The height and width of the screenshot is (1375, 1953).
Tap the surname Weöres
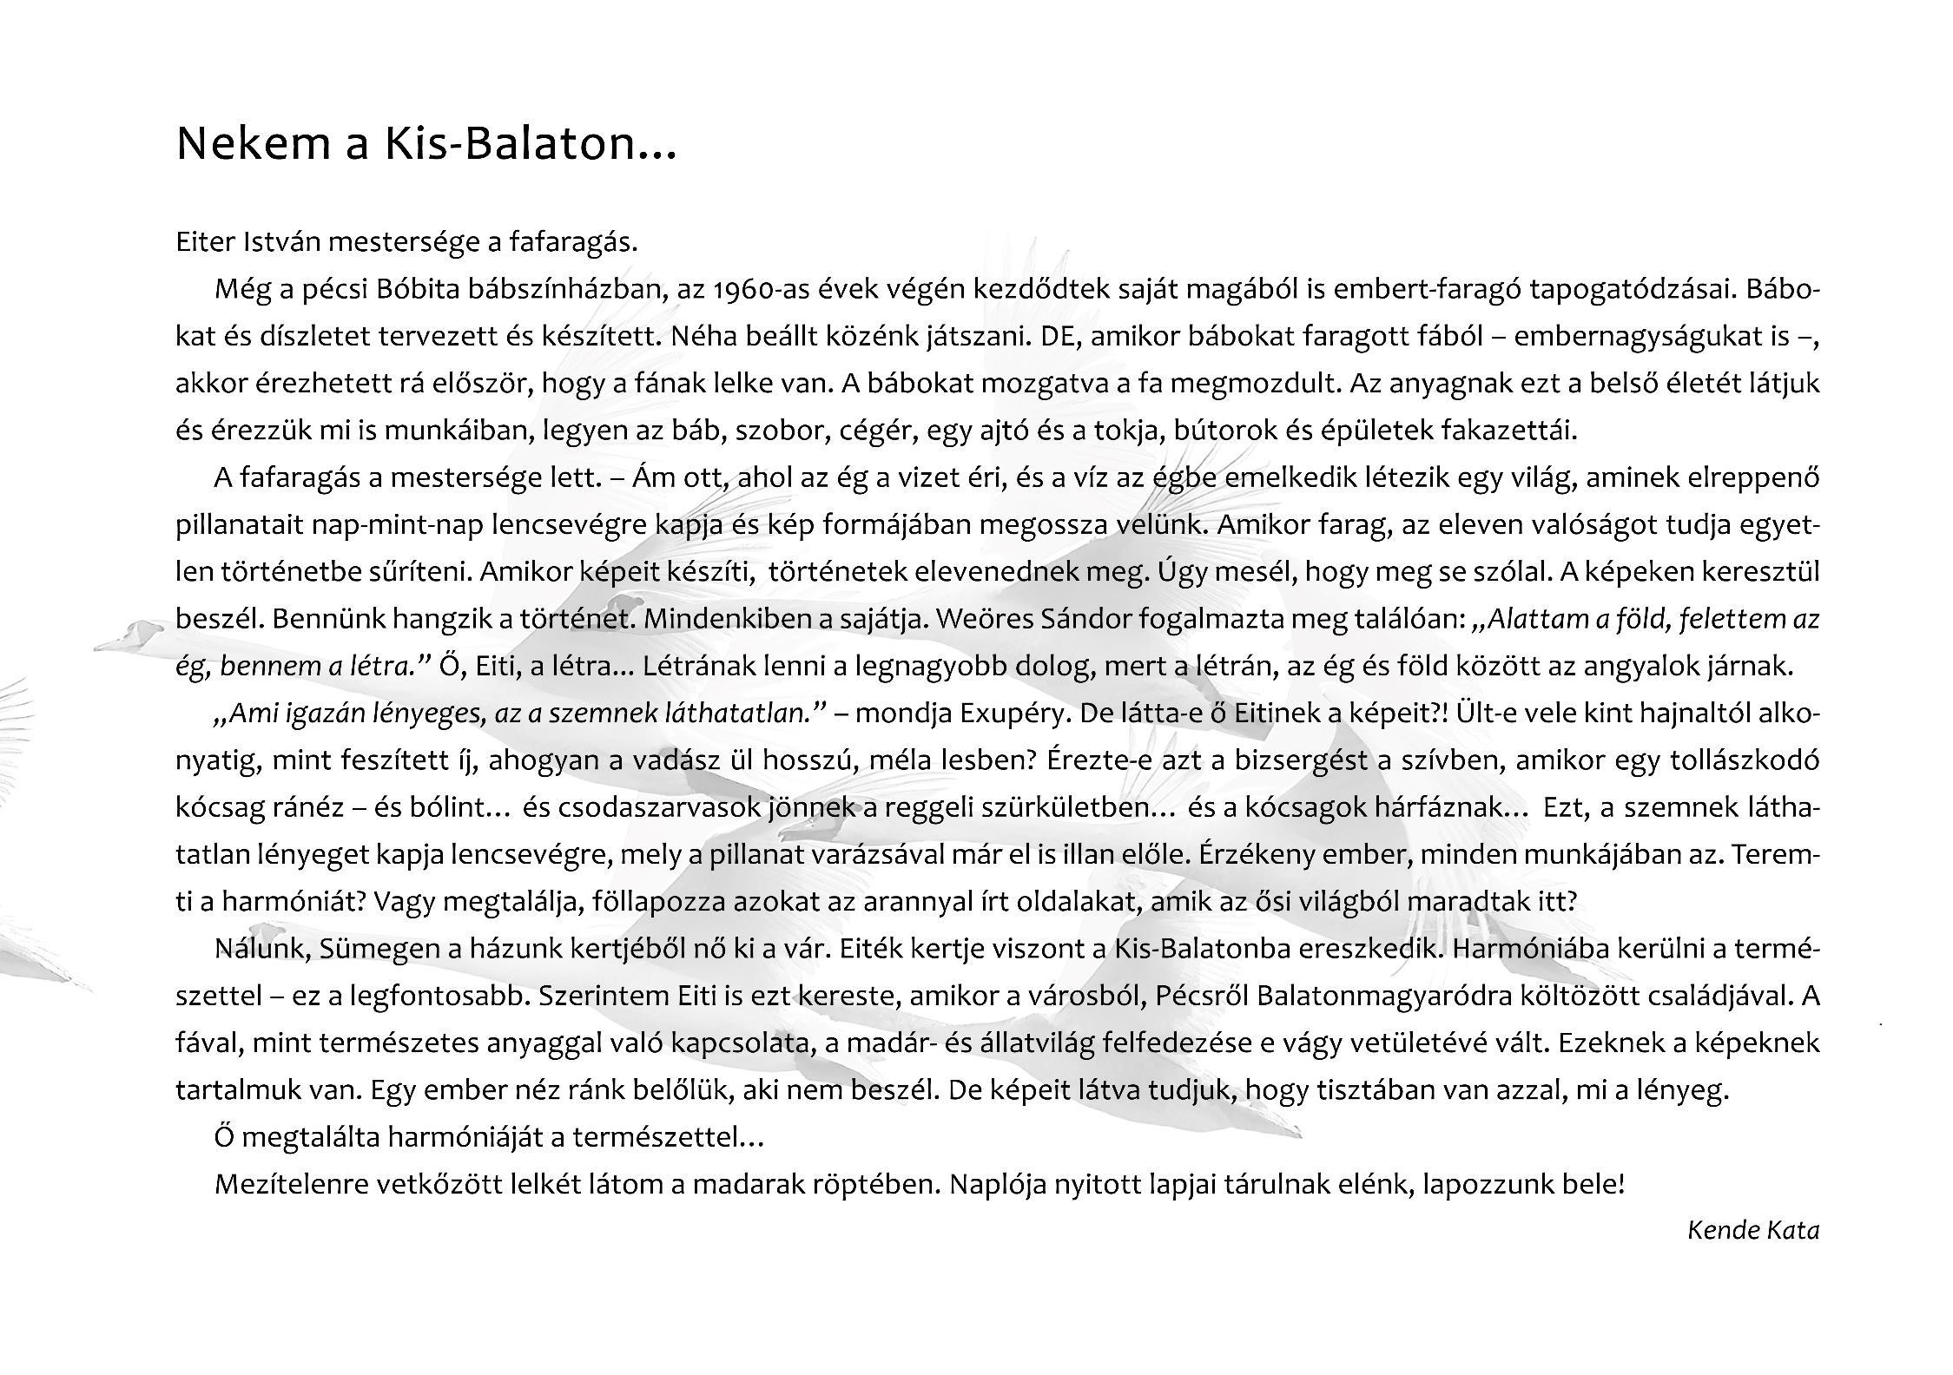pyautogui.click(x=986, y=619)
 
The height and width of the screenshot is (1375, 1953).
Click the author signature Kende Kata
pyautogui.click(x=1752, y=1230)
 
